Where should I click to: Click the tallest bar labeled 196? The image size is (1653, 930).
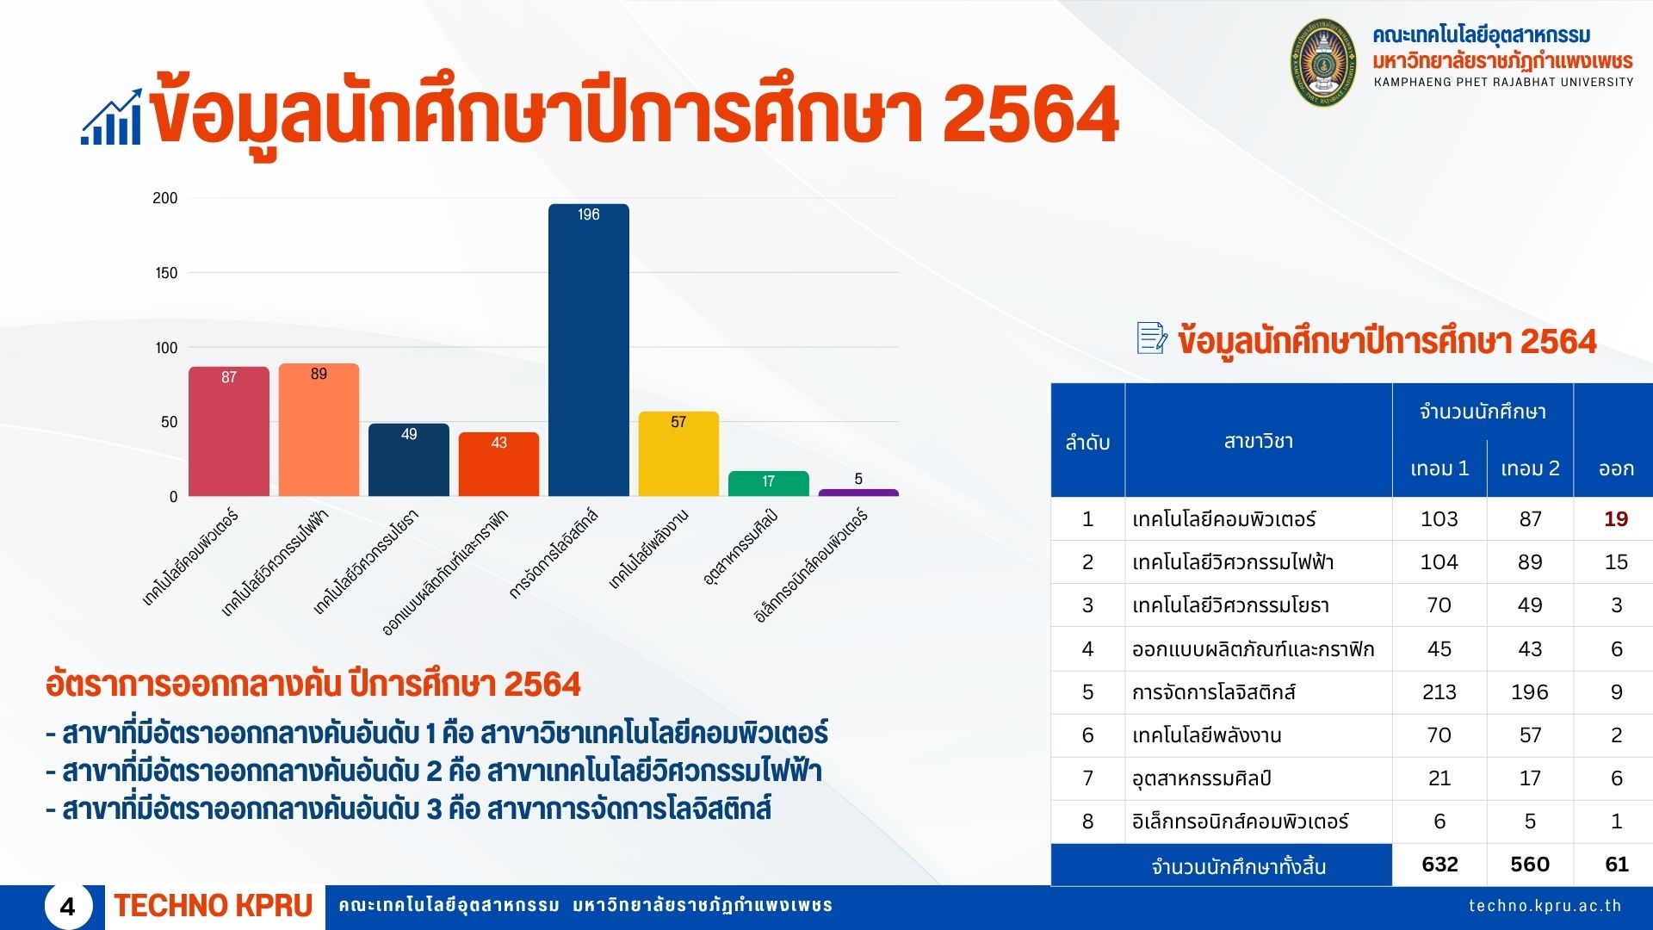pyautogui.click(x=589, y=350)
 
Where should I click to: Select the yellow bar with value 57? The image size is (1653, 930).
pyautogui.click(x=678, y=454)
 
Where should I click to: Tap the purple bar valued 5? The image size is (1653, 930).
pyautogui.click(x=858, y=493)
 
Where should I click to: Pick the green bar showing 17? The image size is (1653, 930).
pyautogui.click(x=769, y=483)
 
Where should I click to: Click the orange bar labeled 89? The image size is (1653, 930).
pyautogui.click(x=319, y=430)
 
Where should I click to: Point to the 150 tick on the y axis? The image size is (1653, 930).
pyautogui.click(x=166, y=273)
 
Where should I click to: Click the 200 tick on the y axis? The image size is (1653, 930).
pyautogui.click(x=165, y=198)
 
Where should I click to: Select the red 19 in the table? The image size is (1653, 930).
pyautogui.click(x=1616, y=519)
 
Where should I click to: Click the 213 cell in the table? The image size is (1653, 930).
pyautogui.click(x=1439, y=692)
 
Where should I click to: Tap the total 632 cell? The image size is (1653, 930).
pyautogui.click(x=1439, y=865)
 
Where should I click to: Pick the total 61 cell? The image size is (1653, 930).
pyautogui.click(x=1617, y=865)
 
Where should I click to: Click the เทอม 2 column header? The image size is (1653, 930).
pyautogui.click(x=1530, y=468)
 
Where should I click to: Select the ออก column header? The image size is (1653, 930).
pyautogui.click(x=1616, y=468)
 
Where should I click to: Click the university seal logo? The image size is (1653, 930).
pyautogui.click(x=1323, y=62)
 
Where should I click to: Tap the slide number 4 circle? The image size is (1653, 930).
pyautogui.click(x=68, y=906)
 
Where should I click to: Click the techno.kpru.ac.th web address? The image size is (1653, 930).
pyautogui.click(x=1545, y=906)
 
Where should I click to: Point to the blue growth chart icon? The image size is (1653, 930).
pyautogui.click(x=112, y=117)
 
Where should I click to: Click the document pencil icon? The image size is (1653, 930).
pyautogui.click(x=1152, y=338)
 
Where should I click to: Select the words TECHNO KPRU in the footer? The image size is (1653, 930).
pyautogui.click(x=214, y=906)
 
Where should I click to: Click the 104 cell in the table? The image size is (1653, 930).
pyautogui.click(x=1439, y=562)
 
